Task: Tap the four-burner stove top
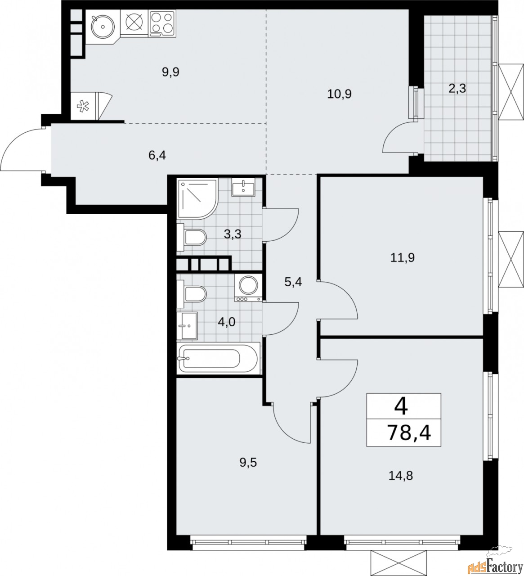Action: (x=162, y=23)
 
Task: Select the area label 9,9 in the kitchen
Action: (x=170, y=72)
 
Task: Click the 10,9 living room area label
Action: (x=340, y=94)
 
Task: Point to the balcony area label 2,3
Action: (x=457, y=88)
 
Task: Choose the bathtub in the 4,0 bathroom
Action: (x=219, y=358)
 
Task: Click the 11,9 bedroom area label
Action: (x=403, y=258)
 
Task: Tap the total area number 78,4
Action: (x=408, y=433)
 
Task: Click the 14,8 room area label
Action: (x=400, y=475)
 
